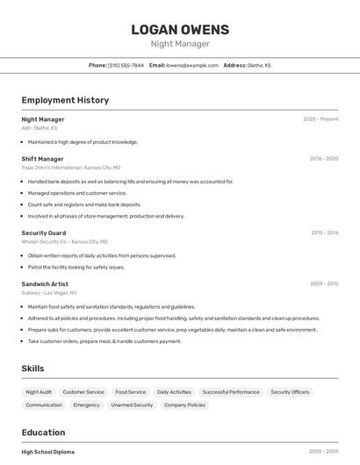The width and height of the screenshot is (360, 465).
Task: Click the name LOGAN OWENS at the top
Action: tap(179, 29)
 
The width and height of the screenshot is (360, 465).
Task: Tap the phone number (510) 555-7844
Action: tap(126, 65)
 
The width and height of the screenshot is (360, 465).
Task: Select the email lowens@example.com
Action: tap(192, 65)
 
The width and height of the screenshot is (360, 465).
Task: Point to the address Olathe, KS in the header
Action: tap(259, 65)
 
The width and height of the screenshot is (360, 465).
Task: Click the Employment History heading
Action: tap(65, 100)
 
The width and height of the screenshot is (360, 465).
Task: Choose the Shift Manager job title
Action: tap(42, 159)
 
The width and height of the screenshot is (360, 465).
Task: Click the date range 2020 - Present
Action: tap(320, 119)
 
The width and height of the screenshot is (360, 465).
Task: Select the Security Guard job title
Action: tap(44, 232)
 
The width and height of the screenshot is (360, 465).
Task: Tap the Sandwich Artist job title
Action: tap(45, 284)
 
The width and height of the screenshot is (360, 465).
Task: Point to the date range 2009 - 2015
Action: tap(324, 284)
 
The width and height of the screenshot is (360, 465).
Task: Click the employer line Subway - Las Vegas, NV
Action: tap(49, 293)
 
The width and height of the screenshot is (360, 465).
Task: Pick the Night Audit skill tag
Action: tap(39, 392)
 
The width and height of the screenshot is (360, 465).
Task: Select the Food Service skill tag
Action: tap(131, 392)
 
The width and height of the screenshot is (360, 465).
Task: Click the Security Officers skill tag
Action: tap(290, 392)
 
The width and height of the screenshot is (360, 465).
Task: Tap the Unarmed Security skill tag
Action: tap(132, 405)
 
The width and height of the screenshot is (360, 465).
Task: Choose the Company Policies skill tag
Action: tap(184, 405)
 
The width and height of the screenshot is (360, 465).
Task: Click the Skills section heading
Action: tap(32, 368)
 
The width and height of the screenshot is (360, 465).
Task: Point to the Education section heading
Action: tap(43, 433)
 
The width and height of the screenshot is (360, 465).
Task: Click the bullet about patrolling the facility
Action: tap(76, 267)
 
